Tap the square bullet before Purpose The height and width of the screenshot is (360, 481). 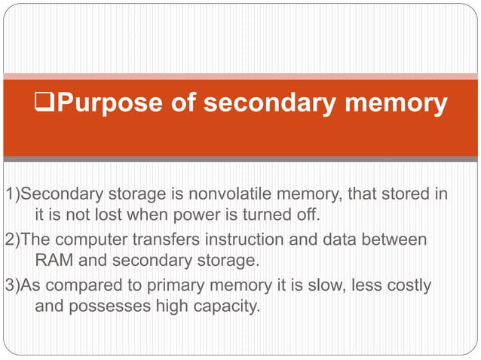point(45,104)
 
